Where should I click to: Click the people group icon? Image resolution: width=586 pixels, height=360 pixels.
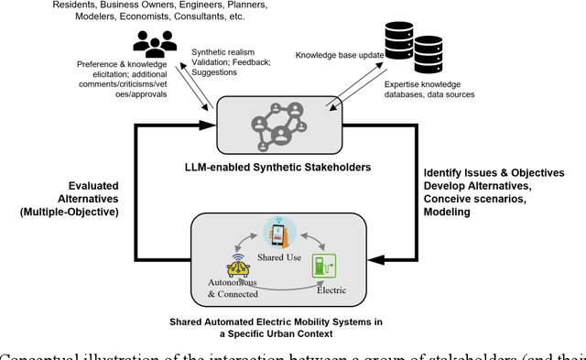153,43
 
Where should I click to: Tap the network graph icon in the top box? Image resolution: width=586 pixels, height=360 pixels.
280,124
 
